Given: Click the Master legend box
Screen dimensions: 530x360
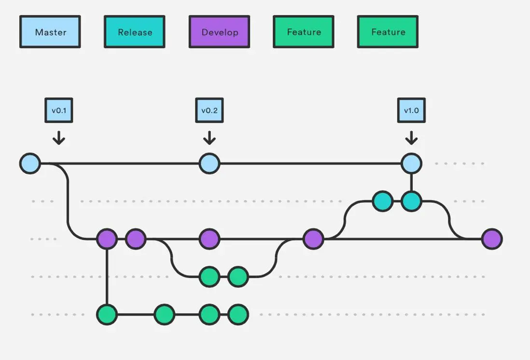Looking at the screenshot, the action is click(x=50, y=32).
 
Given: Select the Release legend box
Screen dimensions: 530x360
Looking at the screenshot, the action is click(x=135, y=32).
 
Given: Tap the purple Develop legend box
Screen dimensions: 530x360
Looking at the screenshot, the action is click(x=219, y=32).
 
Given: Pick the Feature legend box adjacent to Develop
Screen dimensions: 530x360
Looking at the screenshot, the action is click(x=304, y=32).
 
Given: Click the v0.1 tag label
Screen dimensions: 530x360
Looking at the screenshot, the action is click(x=59, y=110).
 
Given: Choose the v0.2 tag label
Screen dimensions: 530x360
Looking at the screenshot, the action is click(x=209, y=110).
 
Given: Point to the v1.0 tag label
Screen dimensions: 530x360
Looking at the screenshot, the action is click(x=411, y=110).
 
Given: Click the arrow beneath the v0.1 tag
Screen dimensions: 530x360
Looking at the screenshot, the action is click(x=59, y=138).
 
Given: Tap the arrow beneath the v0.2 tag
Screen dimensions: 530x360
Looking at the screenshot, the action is click(x=209, y=138).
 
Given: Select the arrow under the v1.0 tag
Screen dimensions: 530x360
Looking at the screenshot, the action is click(x=411, y=138).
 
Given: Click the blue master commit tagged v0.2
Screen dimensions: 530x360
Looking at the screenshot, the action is click(x=209, y=164).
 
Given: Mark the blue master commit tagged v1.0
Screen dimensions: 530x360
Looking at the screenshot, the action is click(x=411, y=164).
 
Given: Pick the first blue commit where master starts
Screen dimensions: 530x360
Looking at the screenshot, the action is click(x=30, y=164).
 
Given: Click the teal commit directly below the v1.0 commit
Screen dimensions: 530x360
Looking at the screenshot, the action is click(x=411, y=201).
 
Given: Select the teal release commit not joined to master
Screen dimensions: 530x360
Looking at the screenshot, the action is click(x=383, y=201).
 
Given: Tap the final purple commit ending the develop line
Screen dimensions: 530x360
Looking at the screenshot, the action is click(x=492, y=239).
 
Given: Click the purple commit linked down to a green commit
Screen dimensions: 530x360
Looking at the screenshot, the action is click(x=107, y=239).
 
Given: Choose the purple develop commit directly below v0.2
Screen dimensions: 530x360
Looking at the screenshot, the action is click(x=209, y=239).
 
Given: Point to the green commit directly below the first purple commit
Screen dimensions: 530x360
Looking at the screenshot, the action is click(x=107, y=314).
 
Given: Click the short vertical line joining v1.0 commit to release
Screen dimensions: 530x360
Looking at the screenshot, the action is click(x=411, y=182).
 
